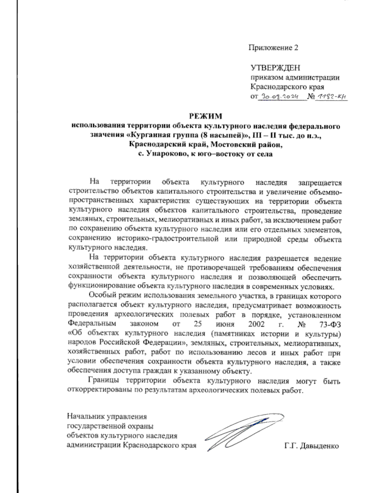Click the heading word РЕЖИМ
(x=205, y=116)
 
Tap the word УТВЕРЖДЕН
(x=275, y=68)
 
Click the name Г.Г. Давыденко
(x=312, y=446)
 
